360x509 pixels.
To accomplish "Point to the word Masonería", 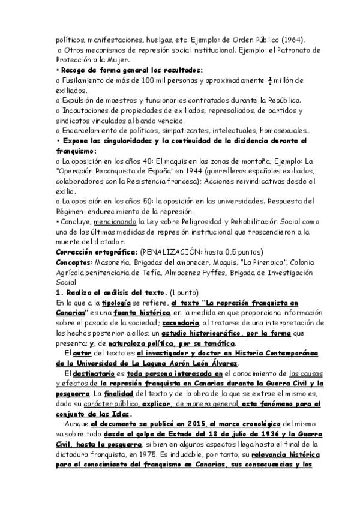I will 111,263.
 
